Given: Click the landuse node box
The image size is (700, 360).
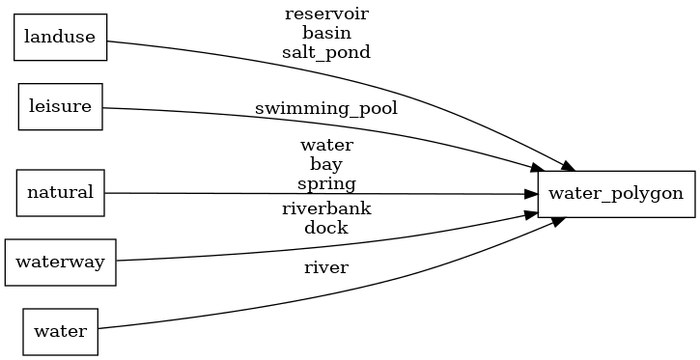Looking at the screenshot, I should click(x=60, y=38).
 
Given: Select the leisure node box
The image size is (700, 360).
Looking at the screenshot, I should click(x=61, y=106).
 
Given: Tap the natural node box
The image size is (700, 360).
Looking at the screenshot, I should click(x=60, y=192).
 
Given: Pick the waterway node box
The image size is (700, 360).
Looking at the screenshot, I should click(x=60, y=262).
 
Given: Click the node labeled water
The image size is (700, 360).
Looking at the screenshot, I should click(x=60, y=331).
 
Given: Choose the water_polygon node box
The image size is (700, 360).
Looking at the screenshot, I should click(x=616, y=193).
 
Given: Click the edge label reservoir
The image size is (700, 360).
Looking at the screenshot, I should click(x=326, y=14).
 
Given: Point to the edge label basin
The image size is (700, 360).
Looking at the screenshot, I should click(x=326, y=33).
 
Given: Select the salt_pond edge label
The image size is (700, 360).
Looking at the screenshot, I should click(x=326, y=52).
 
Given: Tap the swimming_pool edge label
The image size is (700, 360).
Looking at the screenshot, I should click(x=326, y=108).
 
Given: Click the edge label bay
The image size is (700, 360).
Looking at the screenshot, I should click(x=326, y=164).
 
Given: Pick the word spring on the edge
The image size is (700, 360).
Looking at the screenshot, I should click(x=326, y=183).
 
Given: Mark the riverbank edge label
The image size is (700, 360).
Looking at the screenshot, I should click(x=326, y=208).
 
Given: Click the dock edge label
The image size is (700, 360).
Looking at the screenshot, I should click(x=326, y=228).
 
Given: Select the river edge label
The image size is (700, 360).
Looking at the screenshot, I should click(x=326, y=267).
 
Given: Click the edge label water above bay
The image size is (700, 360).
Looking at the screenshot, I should click(x=326, y=145).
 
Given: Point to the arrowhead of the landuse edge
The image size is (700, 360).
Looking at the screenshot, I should click(x=558, y=164).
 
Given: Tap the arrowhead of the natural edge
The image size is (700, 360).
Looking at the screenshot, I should click(x=531, y=194).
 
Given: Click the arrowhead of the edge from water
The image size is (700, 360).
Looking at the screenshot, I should click(x=558, y=221).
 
